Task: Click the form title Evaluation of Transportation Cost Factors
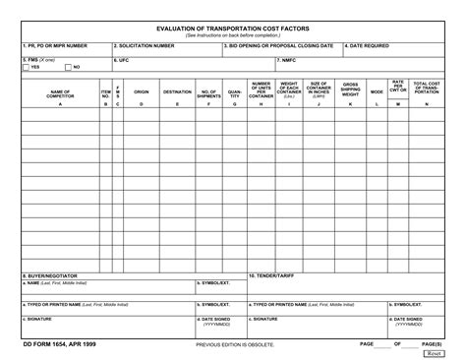pos(233,30)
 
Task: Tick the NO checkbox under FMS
pos(67,67)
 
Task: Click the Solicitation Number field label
pos(145,45)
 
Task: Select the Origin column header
pos(141,92)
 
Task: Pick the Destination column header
pos(177,92)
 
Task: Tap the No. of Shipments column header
pos(208,92)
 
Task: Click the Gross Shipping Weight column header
pos(351,90)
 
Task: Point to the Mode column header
pos(377,92)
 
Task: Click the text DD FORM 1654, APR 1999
pos(59,344)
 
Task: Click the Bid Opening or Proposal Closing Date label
pos(280,45)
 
